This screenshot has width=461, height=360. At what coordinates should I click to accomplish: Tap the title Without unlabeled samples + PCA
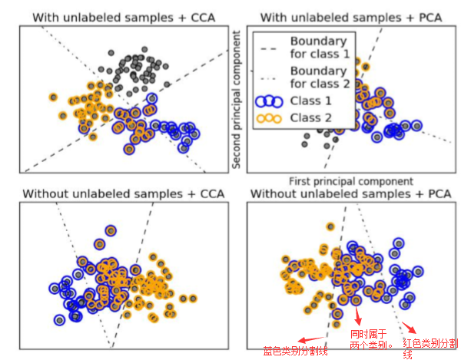pos(350,193)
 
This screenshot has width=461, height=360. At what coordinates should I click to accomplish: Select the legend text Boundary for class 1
pos(318,48)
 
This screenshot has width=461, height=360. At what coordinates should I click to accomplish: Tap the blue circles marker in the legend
pos(271,101)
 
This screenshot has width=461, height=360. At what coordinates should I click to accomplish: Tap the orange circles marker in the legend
pos(271,117)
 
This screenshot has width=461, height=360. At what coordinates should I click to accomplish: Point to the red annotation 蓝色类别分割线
pos(295,352)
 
